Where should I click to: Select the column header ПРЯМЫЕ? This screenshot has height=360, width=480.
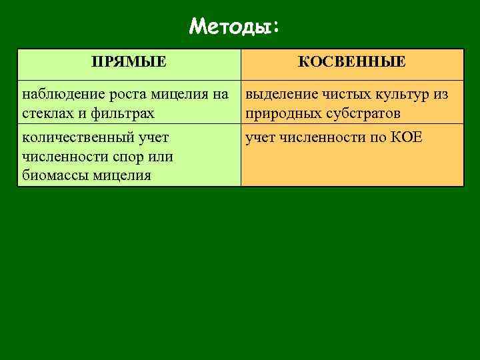129,63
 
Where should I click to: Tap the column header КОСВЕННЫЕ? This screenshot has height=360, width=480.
351,63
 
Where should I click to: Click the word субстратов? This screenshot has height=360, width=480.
362,113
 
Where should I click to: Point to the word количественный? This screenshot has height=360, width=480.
75,139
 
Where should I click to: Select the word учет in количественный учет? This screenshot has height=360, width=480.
151,139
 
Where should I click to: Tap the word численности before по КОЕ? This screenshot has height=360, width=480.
321,139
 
